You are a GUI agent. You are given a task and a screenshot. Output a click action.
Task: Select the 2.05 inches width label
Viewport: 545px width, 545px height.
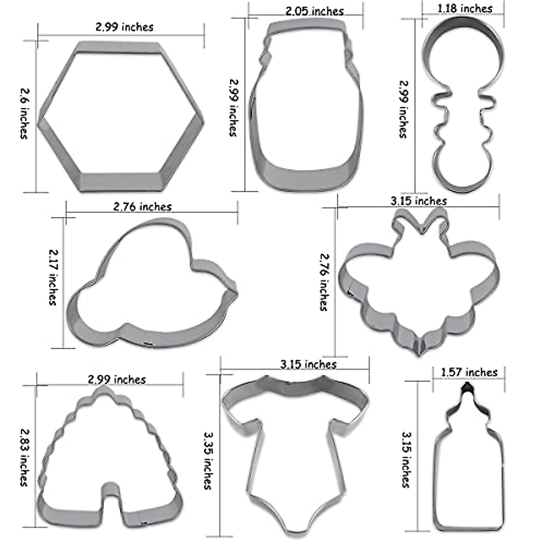click(x=314, y=11)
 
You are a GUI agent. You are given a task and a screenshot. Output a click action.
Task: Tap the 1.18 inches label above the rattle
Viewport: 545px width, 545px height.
click(x=465, y=9)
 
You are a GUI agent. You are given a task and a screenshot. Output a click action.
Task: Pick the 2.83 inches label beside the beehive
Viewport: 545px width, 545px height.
click(x=24, y=456)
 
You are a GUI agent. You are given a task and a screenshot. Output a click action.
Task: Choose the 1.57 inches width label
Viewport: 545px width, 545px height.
click(x=469, y=372)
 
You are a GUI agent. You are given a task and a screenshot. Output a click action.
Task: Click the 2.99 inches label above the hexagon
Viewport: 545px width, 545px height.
click(x=124, y=27)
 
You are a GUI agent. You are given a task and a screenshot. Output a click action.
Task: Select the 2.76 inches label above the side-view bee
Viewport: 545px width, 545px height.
click(x=142, y=207)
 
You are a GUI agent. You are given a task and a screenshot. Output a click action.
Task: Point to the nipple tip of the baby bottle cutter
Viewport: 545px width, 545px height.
click(x=466, y=388)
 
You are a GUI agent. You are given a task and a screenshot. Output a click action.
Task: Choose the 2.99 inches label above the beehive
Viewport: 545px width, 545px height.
click(x=117, y=379)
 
